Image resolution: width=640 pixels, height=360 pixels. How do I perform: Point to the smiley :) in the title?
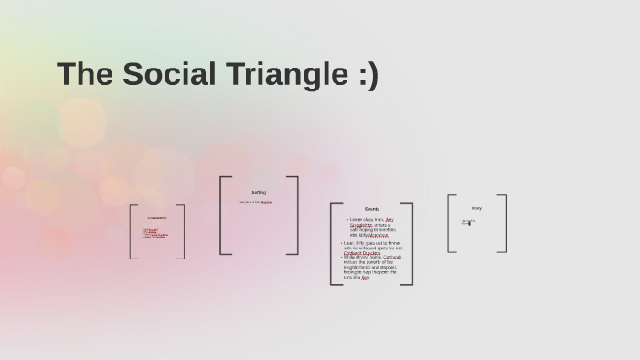pyautogui.click(x=363, y=74)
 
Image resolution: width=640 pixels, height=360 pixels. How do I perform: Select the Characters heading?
pyautogui.click(x=157, y=217)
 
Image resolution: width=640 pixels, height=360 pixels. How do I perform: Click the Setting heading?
pyautogui.click(x=259, y=192)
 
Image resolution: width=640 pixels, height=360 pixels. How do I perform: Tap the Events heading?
pyautogui.click(x=371, y=209)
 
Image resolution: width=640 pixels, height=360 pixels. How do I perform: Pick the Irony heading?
pyautogui.click(x=476, y=208)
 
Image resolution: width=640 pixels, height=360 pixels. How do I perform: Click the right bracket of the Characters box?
pyautogui.click(x=183, y=231)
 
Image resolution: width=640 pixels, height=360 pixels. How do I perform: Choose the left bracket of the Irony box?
pyautogui.click(x=450, y=223)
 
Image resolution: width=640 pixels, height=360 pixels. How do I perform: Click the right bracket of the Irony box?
pyautogui.click(x=504, y=223)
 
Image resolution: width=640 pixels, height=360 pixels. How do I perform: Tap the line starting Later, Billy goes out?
pyautogui.click(x=373, y=242)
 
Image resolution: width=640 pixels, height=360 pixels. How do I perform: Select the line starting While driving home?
pyautogui.click(x=372, y=257)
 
